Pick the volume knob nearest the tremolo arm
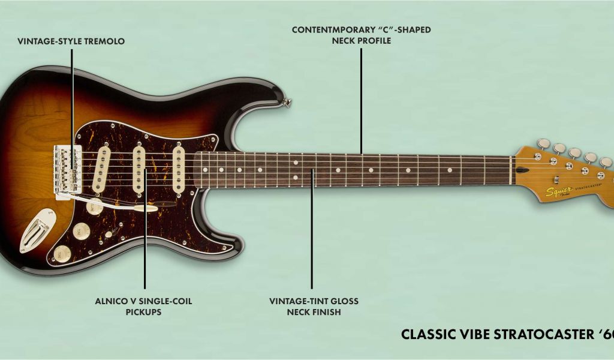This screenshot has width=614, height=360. (94, 208)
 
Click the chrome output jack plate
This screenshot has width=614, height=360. (34, 229)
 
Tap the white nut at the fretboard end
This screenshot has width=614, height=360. (511, 170)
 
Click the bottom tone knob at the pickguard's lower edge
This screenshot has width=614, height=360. (62, 254)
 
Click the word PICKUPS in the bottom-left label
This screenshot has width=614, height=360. (143, 313)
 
